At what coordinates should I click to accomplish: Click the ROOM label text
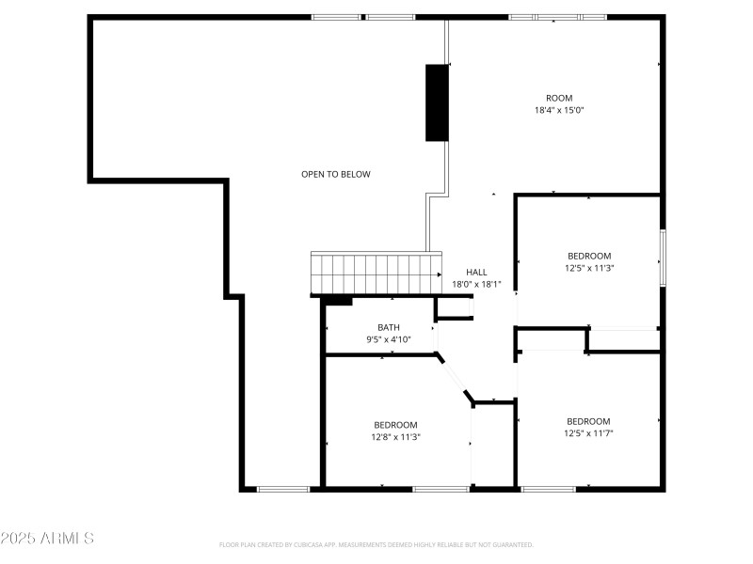(559, 98)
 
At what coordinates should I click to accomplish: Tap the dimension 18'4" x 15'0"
(559, 110)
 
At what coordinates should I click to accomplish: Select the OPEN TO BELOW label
(336, 174)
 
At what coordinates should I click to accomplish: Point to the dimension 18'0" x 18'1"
(476, 284)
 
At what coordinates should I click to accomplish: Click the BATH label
(389, 327)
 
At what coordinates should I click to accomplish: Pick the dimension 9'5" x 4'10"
(389, 339)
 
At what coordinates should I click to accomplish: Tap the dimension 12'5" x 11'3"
(589, 268)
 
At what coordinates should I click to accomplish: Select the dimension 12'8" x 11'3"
(395, 436)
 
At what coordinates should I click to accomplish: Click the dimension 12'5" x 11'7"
(588, 433)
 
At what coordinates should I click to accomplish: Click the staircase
(376, 274)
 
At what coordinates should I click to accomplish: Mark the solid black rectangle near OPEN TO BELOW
(437, 102)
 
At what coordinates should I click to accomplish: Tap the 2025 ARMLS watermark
(47, 539)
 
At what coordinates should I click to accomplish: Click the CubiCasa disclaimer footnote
(376, 544)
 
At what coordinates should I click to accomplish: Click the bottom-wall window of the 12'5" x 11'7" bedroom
(548, 489)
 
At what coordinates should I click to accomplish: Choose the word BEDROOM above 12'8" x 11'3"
(395, 425)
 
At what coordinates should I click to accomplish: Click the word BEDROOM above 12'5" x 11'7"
(588, 421)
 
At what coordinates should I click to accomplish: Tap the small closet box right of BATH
(454, 309)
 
